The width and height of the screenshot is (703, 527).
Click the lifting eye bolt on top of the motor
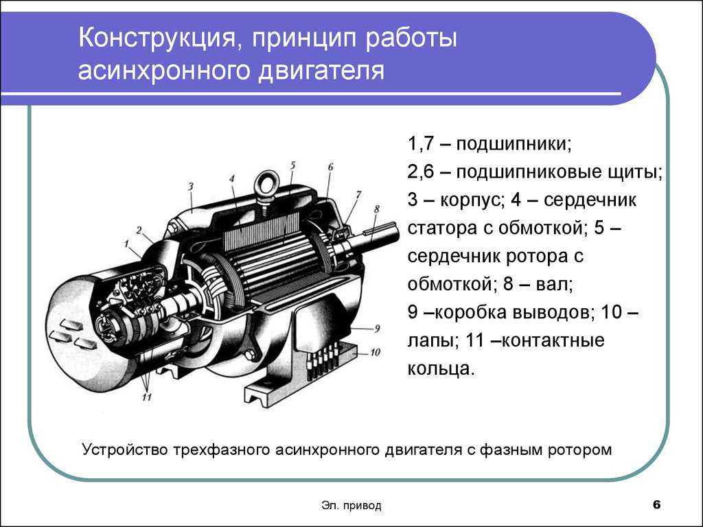(267, 188)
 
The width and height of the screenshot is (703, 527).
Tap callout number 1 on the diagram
(127, 244)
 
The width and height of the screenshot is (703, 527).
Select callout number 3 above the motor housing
(191, 186)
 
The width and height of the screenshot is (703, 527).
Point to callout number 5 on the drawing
(292, 165)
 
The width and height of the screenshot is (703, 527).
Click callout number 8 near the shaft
(377, 209)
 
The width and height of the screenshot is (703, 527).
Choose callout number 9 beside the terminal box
(377, 329)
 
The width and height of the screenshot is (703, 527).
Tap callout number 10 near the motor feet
(375, 352)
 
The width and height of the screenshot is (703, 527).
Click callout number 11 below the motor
(147, 397)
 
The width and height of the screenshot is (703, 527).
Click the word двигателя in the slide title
(321, 71)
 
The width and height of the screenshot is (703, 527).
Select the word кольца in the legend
(441, 368)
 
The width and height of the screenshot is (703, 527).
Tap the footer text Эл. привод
(351, 506)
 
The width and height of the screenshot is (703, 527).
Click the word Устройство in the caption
(126, 449)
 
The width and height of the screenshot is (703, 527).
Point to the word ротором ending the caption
(579, 450)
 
